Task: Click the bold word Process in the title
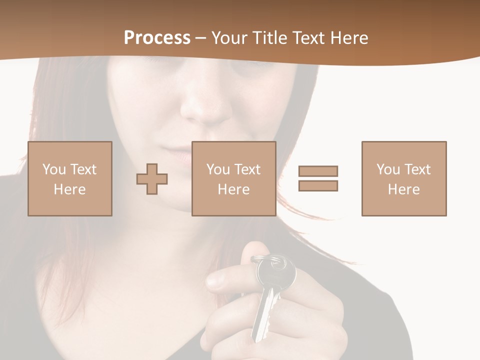pos(157,38)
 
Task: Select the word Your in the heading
pos(229,38)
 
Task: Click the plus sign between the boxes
pos(152,179)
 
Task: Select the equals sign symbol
pos(318,178)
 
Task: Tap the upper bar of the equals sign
pos(318,171)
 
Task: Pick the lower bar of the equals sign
pos(318,185)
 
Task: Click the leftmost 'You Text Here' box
pos(70,178)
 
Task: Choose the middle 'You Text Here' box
pos(234,178)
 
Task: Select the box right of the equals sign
pos(404,178)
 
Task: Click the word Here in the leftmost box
pos(69,189)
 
